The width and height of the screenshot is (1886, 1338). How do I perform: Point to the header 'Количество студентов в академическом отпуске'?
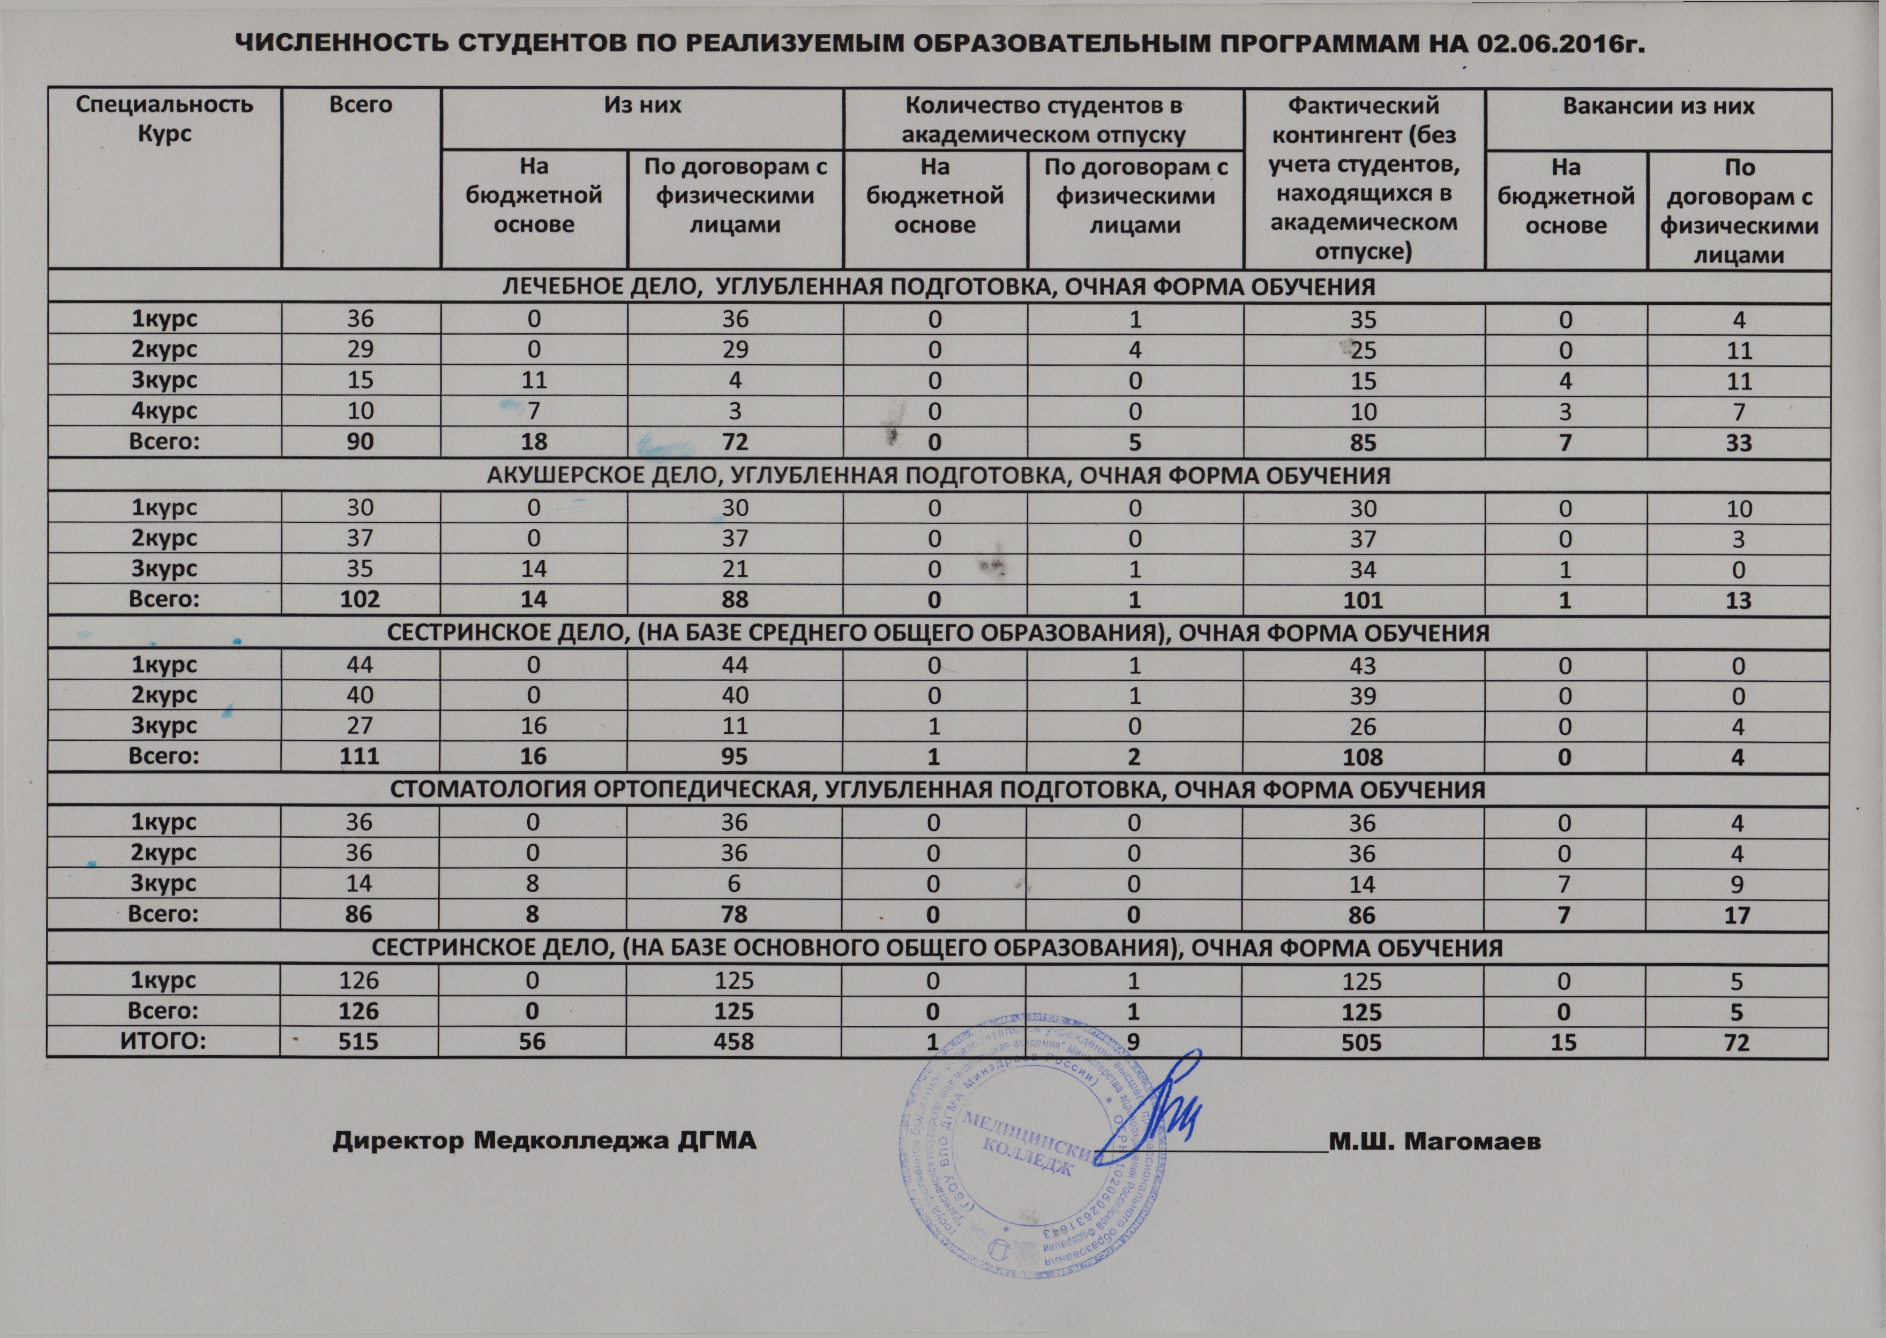1043,121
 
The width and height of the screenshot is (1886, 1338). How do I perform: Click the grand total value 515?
358,1042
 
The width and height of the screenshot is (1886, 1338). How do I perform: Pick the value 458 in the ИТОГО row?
734,1042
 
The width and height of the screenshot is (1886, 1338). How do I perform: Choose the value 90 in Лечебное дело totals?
360,442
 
